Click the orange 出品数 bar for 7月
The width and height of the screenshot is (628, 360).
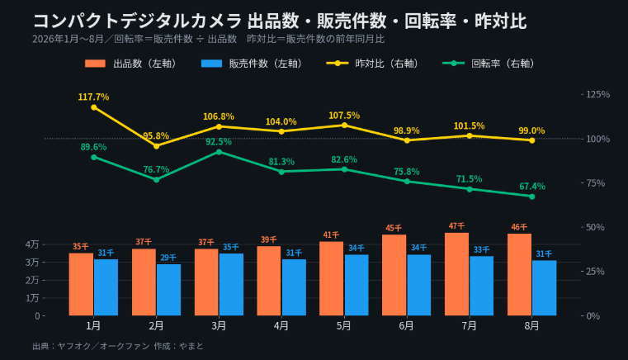point(456,274)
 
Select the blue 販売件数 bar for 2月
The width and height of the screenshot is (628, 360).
point(168,290)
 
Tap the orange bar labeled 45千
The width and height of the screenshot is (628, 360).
point(394,275)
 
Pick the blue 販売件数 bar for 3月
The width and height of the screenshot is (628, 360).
point(231,284)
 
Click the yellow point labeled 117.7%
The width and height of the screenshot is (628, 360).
point(94,107)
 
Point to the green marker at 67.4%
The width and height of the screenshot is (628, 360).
point(532,197)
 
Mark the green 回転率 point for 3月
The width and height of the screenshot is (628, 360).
point(219,152)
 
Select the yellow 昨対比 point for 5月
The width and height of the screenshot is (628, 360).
point(344,126)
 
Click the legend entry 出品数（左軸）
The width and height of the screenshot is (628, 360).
point(130,64)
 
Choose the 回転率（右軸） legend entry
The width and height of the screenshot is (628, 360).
point(489,64)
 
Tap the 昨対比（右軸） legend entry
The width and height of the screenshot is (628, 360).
point(372,64)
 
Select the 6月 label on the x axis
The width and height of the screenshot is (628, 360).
point(407,326)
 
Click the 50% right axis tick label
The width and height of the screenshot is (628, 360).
point(595,227)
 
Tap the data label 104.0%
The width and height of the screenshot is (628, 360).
point(281,122)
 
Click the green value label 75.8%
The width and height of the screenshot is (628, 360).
point(407,172)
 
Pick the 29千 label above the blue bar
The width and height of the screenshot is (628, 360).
point(168,258)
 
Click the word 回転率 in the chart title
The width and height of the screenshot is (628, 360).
point(430,21)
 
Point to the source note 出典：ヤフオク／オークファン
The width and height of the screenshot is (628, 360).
point(92,346)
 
